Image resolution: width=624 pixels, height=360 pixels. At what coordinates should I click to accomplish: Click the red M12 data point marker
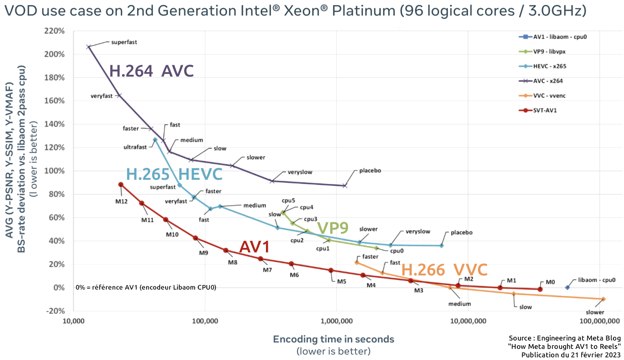121,185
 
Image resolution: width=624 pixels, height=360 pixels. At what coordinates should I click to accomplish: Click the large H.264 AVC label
151,71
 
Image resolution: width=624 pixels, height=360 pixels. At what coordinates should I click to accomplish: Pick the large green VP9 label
333,228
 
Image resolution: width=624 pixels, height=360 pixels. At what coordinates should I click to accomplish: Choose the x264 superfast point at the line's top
89,46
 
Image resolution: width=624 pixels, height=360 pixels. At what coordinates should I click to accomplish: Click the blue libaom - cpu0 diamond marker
567,287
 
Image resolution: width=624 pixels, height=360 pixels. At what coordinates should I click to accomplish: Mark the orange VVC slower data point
603,299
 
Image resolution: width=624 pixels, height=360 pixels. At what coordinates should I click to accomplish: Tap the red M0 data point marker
540,289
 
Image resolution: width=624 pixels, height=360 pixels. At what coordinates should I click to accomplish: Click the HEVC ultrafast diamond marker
155,139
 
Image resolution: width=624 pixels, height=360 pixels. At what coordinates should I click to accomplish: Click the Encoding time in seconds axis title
333,339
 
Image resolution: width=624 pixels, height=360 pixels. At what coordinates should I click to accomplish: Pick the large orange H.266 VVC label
444,270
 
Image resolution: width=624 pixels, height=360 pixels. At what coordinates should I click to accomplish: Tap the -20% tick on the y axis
56,311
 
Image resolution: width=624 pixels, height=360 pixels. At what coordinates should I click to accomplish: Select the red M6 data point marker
291,264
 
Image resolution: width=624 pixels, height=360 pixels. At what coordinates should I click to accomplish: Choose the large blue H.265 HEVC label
174,174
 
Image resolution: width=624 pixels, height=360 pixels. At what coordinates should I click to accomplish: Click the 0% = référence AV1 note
146,287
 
